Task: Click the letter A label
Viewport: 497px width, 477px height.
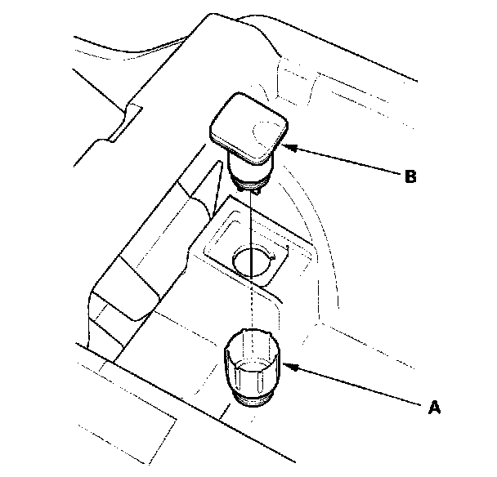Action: pos(434,407)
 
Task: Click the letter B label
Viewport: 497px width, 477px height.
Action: pos(410,176)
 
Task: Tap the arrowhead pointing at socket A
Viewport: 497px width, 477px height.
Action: pos(290,367)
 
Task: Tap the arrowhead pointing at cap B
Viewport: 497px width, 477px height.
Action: pos(289,147)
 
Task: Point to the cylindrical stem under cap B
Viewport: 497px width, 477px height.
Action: pos(250,170)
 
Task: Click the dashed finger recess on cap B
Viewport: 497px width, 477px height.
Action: pos(266,135)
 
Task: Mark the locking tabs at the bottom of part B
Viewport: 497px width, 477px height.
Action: pos(249,189)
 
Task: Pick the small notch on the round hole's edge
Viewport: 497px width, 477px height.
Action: pos(272,257)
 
